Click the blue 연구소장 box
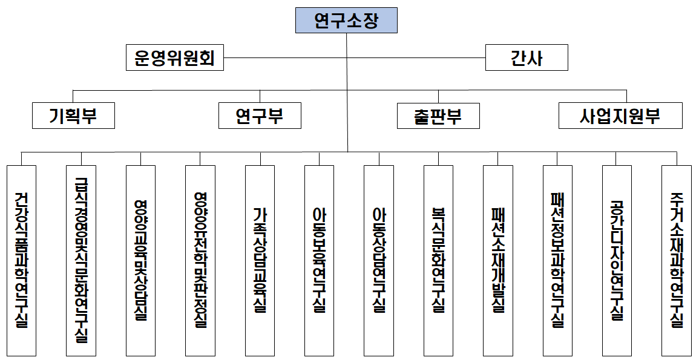pos(346,21)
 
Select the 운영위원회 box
pos(174,58)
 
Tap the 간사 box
pos(527,58)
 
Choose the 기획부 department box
pos(73,116)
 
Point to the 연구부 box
pos(260,116)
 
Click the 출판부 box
pos(438,116)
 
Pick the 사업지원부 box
pos(620,116)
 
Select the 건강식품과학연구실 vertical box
pos(21,260)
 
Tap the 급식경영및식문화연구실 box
pos(80,260)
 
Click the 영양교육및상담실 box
pos(140,260)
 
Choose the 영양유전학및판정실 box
pos(200,260)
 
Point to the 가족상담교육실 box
pos(260,260)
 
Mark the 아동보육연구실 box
pos(319,260)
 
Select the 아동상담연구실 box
pos(379,260)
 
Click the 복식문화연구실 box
pos(438,260)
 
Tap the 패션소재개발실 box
pos(498,260)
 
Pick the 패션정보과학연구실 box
pos(557,260)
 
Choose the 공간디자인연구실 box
pos(617,260)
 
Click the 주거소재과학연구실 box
pos(677,260)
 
